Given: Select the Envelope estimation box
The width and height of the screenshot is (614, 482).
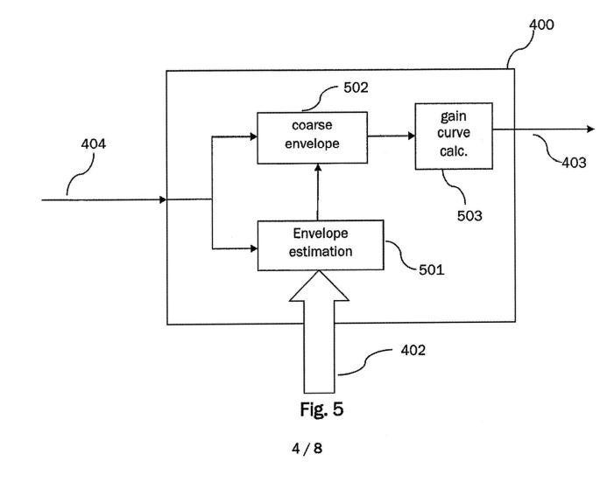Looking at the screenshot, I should (319, 244).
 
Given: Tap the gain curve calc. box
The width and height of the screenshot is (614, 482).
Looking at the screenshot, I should (441, 133).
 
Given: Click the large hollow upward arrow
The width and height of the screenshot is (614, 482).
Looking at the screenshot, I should (319, 332).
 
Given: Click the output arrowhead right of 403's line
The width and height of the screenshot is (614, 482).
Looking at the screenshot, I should (590, 129).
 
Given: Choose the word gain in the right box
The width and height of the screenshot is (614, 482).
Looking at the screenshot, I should (441, 117).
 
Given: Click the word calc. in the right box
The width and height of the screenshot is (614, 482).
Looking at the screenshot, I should (441, 148).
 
